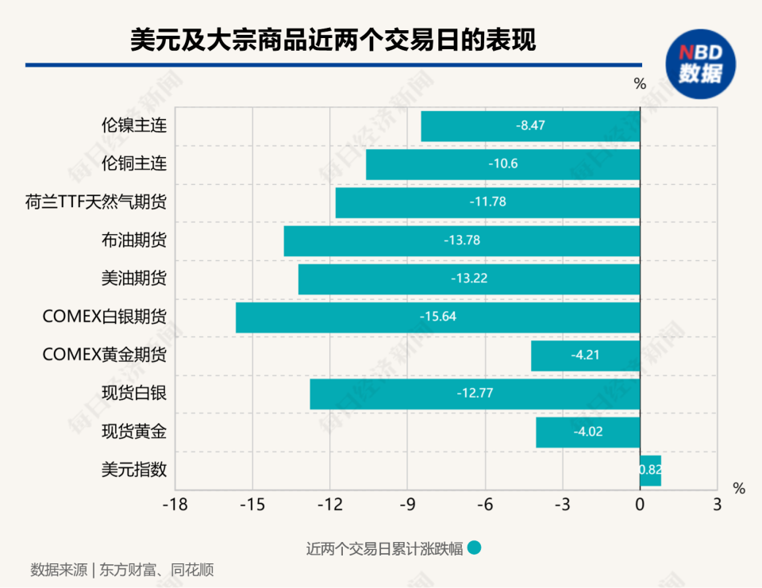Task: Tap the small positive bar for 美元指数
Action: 651,470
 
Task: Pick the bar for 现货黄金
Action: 556,432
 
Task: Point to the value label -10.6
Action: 503,163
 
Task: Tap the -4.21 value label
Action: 585,355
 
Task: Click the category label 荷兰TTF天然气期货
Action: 96,202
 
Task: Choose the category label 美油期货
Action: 134,279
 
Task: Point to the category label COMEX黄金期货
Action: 105,355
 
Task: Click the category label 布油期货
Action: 134,240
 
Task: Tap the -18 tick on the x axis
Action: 175,505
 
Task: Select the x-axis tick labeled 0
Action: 640,505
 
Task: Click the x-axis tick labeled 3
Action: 717,505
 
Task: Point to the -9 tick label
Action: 407,505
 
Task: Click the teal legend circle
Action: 475,548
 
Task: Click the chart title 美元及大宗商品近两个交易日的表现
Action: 333,40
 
